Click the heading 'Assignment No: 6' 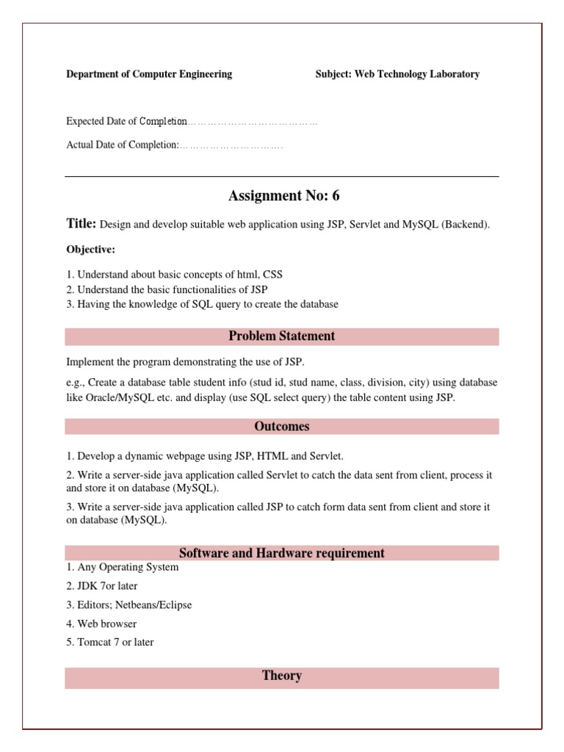click(x=284, y=196)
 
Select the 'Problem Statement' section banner click(x=281, y=336)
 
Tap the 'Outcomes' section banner click(x=281, y=427)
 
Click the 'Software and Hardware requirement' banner click(x=281, y=553)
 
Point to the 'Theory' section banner click(x=281, y=676)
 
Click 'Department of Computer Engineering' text click(x=149, y=74)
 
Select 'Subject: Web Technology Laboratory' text click(x=397, y=74)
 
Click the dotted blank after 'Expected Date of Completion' click(x=253, y=122)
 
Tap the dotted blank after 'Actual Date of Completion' click(x=231, y=145)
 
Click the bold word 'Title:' click(x=81, y=224)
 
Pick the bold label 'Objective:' click(x=91, y=250)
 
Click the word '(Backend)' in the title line click(x=465, y=225)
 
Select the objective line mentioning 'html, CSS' click(x=175, y=275)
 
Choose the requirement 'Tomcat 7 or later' click(x=110, y=642)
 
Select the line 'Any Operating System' click(x=123, y=568)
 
